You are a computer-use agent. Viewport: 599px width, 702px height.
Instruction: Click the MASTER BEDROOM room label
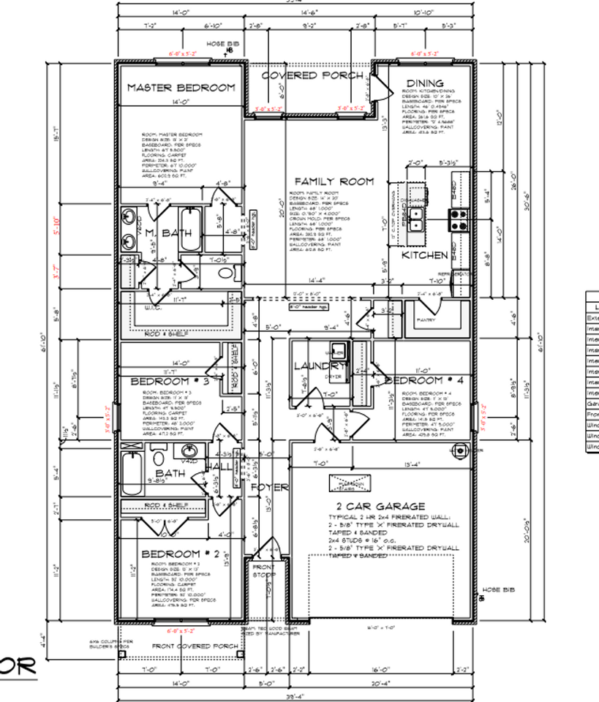tap(181, 88)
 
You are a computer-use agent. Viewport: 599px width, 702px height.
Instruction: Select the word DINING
tap(425, 83)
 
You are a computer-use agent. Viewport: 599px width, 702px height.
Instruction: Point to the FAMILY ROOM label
tap(334, 181)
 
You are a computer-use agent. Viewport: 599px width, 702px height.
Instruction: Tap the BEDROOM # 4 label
tap(423, 381)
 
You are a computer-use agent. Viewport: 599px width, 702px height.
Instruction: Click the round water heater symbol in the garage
tap(460, 450)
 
